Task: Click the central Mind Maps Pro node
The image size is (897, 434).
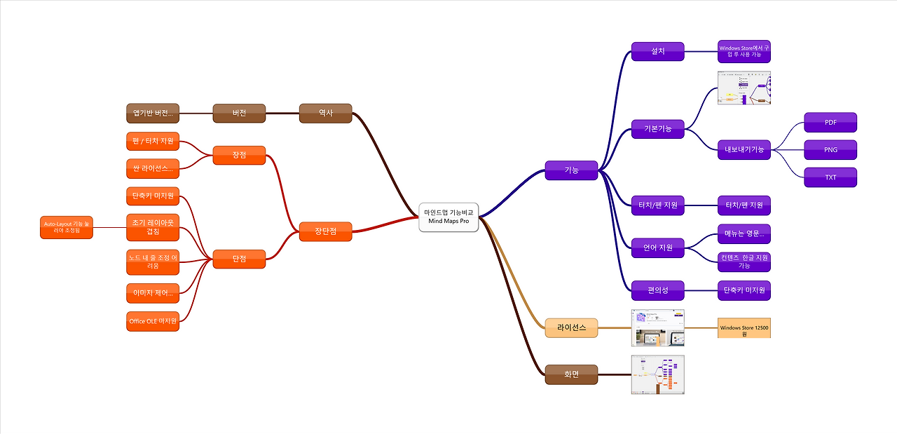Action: click(x=448, y=217)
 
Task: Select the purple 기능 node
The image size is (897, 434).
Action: click(x=571, y=170)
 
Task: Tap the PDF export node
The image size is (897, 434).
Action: click(x=830, y=122)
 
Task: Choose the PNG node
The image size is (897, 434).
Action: click(x=830, y=149)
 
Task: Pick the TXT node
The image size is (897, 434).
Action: click(x=830, y=177)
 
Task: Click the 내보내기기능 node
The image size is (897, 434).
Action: click(x=744, y=149)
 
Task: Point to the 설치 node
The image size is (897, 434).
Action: click(x=657, y=51)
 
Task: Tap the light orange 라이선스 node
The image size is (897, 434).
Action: click(x=571, y=327)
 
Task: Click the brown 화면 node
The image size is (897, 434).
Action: click(x=571, y=374)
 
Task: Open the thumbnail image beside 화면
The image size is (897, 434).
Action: click(x=657, y=374)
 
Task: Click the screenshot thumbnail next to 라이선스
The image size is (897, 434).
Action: click(x=657, y=327)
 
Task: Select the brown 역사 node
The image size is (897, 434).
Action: click(x=325, y=113)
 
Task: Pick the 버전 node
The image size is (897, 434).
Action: click(x=239, y=113)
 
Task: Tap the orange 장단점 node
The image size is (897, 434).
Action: click(x=325, y=231)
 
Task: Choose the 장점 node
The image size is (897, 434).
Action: click(x=239, y=155)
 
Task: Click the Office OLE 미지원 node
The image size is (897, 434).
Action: click(x=153, y=321)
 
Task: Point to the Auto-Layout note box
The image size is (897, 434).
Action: click(x=67, y=227)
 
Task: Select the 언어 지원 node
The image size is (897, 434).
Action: click(x=657, y=247)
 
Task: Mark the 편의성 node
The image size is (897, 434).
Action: click(x=657, y=290)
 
